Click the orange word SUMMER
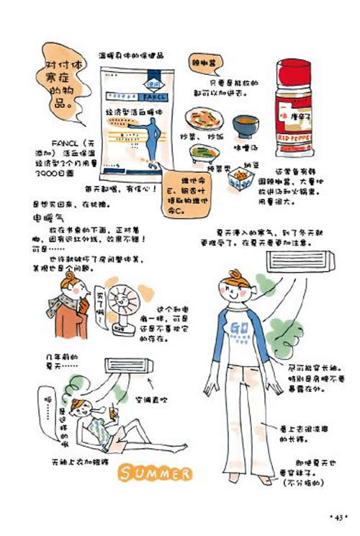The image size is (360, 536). (155, 473)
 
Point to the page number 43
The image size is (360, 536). (337, 517)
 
